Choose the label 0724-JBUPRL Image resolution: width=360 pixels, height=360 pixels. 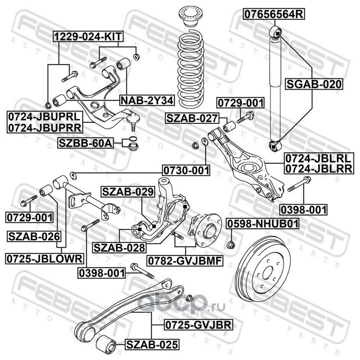(x=43, y=117)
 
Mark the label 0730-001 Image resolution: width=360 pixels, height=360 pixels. (x=186, y=170)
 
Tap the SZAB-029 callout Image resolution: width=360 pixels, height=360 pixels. (x=127, y=192)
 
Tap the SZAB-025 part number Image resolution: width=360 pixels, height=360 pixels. (x=152, y=345)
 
